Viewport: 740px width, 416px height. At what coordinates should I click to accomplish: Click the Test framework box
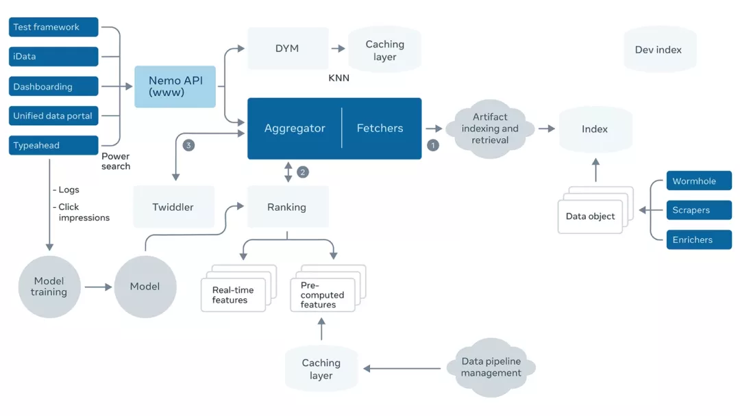pyautogui.click(x=53, y=27)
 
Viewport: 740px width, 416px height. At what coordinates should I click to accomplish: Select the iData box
pyautogui.click(x=53, y=57)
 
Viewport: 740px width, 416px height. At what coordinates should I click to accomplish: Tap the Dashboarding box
pyautogui.click(x=53, y=87)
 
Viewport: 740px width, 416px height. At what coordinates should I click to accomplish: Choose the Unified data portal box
pyautogui.click(x=53, y=116)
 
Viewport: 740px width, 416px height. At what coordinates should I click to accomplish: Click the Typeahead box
pyautogui.click(x=53, y=146)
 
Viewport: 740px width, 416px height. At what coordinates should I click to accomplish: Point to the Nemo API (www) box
pyautogui.click(x=175, y=87)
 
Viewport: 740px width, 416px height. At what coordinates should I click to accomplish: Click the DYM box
pyautogui.click(x=286, y=49)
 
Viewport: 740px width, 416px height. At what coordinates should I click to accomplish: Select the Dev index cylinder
pyautogui.click(x=659, y=50)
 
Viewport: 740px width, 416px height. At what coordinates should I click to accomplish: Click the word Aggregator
pyautogui.click(x=295, y=129)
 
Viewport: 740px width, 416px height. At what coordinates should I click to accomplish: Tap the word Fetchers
pyautogui.click(x=380, y=129)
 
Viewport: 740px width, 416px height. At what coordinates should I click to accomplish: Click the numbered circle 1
pyautogui.click(x=433, y=145)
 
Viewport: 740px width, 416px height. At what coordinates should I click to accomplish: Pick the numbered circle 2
pyautogui.click(x=303, y=172)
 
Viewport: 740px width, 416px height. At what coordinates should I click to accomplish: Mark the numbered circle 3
pyautogui.click(x=189, y=145)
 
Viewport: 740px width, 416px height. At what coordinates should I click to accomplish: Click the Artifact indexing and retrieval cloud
pyautogui.click(x=490, y=129)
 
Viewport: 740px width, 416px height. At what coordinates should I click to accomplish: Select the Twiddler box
pyautogui.click(x=173, y=207)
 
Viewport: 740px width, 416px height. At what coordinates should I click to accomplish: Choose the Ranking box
pyautogui.click(x=286, y=207)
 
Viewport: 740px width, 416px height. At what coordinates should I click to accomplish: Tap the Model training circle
pyautogui.click(x=49, y=287)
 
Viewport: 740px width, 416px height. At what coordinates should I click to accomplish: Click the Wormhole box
pyautogui.click(x=698, y=181)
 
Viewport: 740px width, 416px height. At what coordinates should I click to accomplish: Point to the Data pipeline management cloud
pyautogui.click(x=491, y=367)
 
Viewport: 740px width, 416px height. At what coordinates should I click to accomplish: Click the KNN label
pyautogui.click(x=339, y=79)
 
